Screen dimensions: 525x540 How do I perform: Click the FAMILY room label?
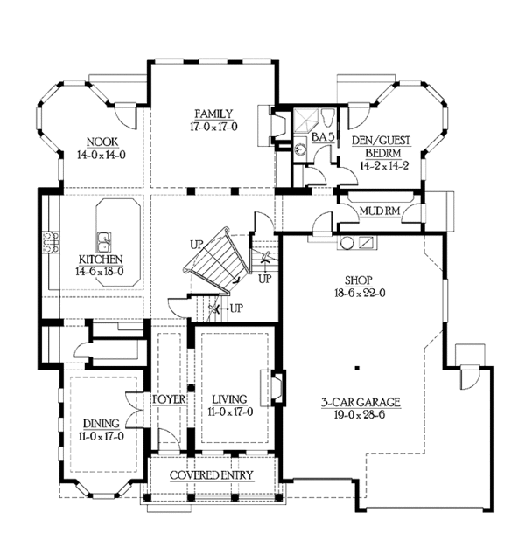[x=213, y=114]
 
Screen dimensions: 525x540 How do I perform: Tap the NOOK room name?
[x=102, y=142]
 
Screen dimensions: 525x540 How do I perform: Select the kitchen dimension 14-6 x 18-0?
[x=100, y=272]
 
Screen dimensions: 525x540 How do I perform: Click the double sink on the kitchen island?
[x=104, y=242]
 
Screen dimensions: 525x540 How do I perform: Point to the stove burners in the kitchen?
[x=51, y=242]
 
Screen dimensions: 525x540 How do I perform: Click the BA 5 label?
[x=323, y=136]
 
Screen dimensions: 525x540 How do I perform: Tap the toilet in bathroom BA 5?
[x=327, y=117]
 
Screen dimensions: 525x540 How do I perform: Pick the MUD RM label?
[x=380, y=211]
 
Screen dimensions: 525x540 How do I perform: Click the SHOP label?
[x=359, y=280]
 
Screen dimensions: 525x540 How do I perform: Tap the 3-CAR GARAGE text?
[x=360, y=402]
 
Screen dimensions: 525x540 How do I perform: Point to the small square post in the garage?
[x=357, y=368]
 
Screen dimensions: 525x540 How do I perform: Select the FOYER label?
[x=169, y=399]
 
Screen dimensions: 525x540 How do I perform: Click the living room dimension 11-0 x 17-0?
[x=230, y=412]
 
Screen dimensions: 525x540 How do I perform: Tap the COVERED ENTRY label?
[x=212, y=475]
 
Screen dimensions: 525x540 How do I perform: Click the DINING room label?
[x=101, y=424]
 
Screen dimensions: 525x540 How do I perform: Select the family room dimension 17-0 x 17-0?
[x=213, y=127]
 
